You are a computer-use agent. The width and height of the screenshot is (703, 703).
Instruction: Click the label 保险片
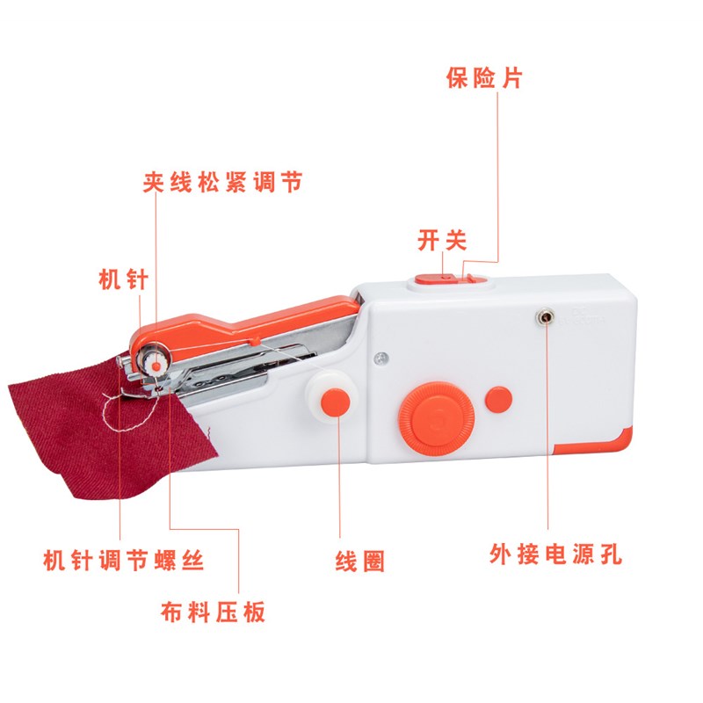tap(484, 78)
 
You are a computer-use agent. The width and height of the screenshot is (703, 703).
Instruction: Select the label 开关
tap(442, 240)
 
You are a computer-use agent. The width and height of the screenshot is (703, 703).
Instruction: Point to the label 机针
tap(123, 279)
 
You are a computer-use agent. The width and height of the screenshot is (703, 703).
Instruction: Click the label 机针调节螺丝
tap(124, 560)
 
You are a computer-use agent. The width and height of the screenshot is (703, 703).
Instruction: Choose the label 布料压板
tap(214, 612)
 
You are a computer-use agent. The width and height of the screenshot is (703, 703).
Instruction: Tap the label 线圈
tap(360, 560)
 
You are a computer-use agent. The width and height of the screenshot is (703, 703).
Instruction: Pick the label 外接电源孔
tap(556, 555)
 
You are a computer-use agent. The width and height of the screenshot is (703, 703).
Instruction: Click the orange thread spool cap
tap(335, 402)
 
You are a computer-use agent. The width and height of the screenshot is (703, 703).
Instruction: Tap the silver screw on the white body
tap(379, 357)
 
